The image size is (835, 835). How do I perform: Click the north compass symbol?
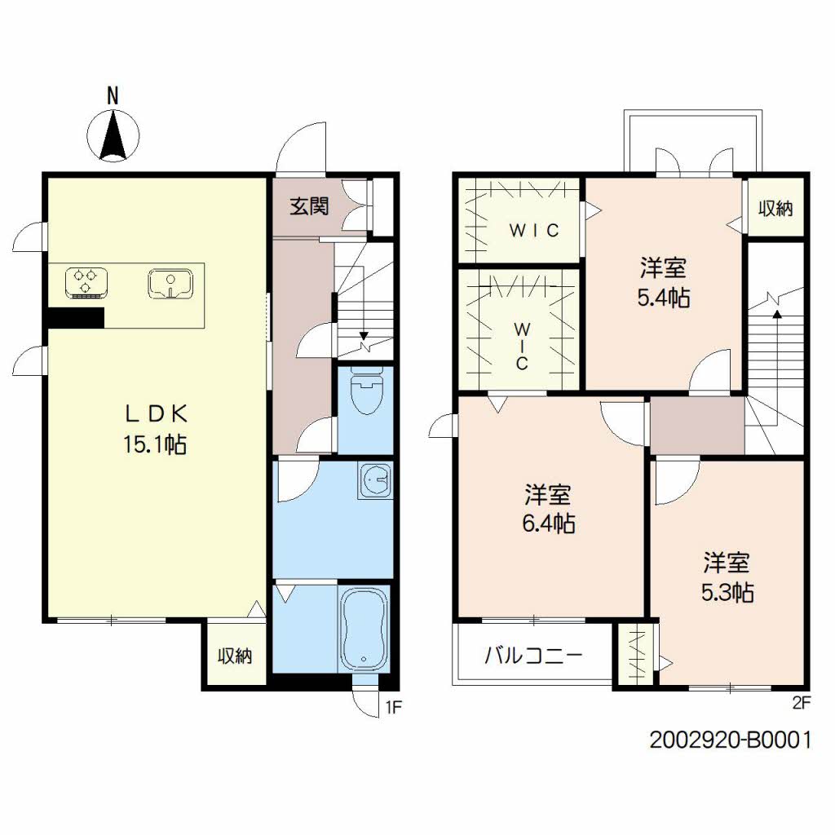112,135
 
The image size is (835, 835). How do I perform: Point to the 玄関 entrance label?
309,205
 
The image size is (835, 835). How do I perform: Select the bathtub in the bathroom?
363,629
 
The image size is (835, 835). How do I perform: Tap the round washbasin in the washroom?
375,481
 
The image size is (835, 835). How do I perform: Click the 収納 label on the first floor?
234,656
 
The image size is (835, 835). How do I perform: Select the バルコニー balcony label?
533,655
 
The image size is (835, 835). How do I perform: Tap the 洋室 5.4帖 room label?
663,282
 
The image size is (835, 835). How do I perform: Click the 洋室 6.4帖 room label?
548,508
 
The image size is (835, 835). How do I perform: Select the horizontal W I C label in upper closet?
534,231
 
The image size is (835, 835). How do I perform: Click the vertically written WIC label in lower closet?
521,346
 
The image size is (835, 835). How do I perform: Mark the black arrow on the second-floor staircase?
776,311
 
